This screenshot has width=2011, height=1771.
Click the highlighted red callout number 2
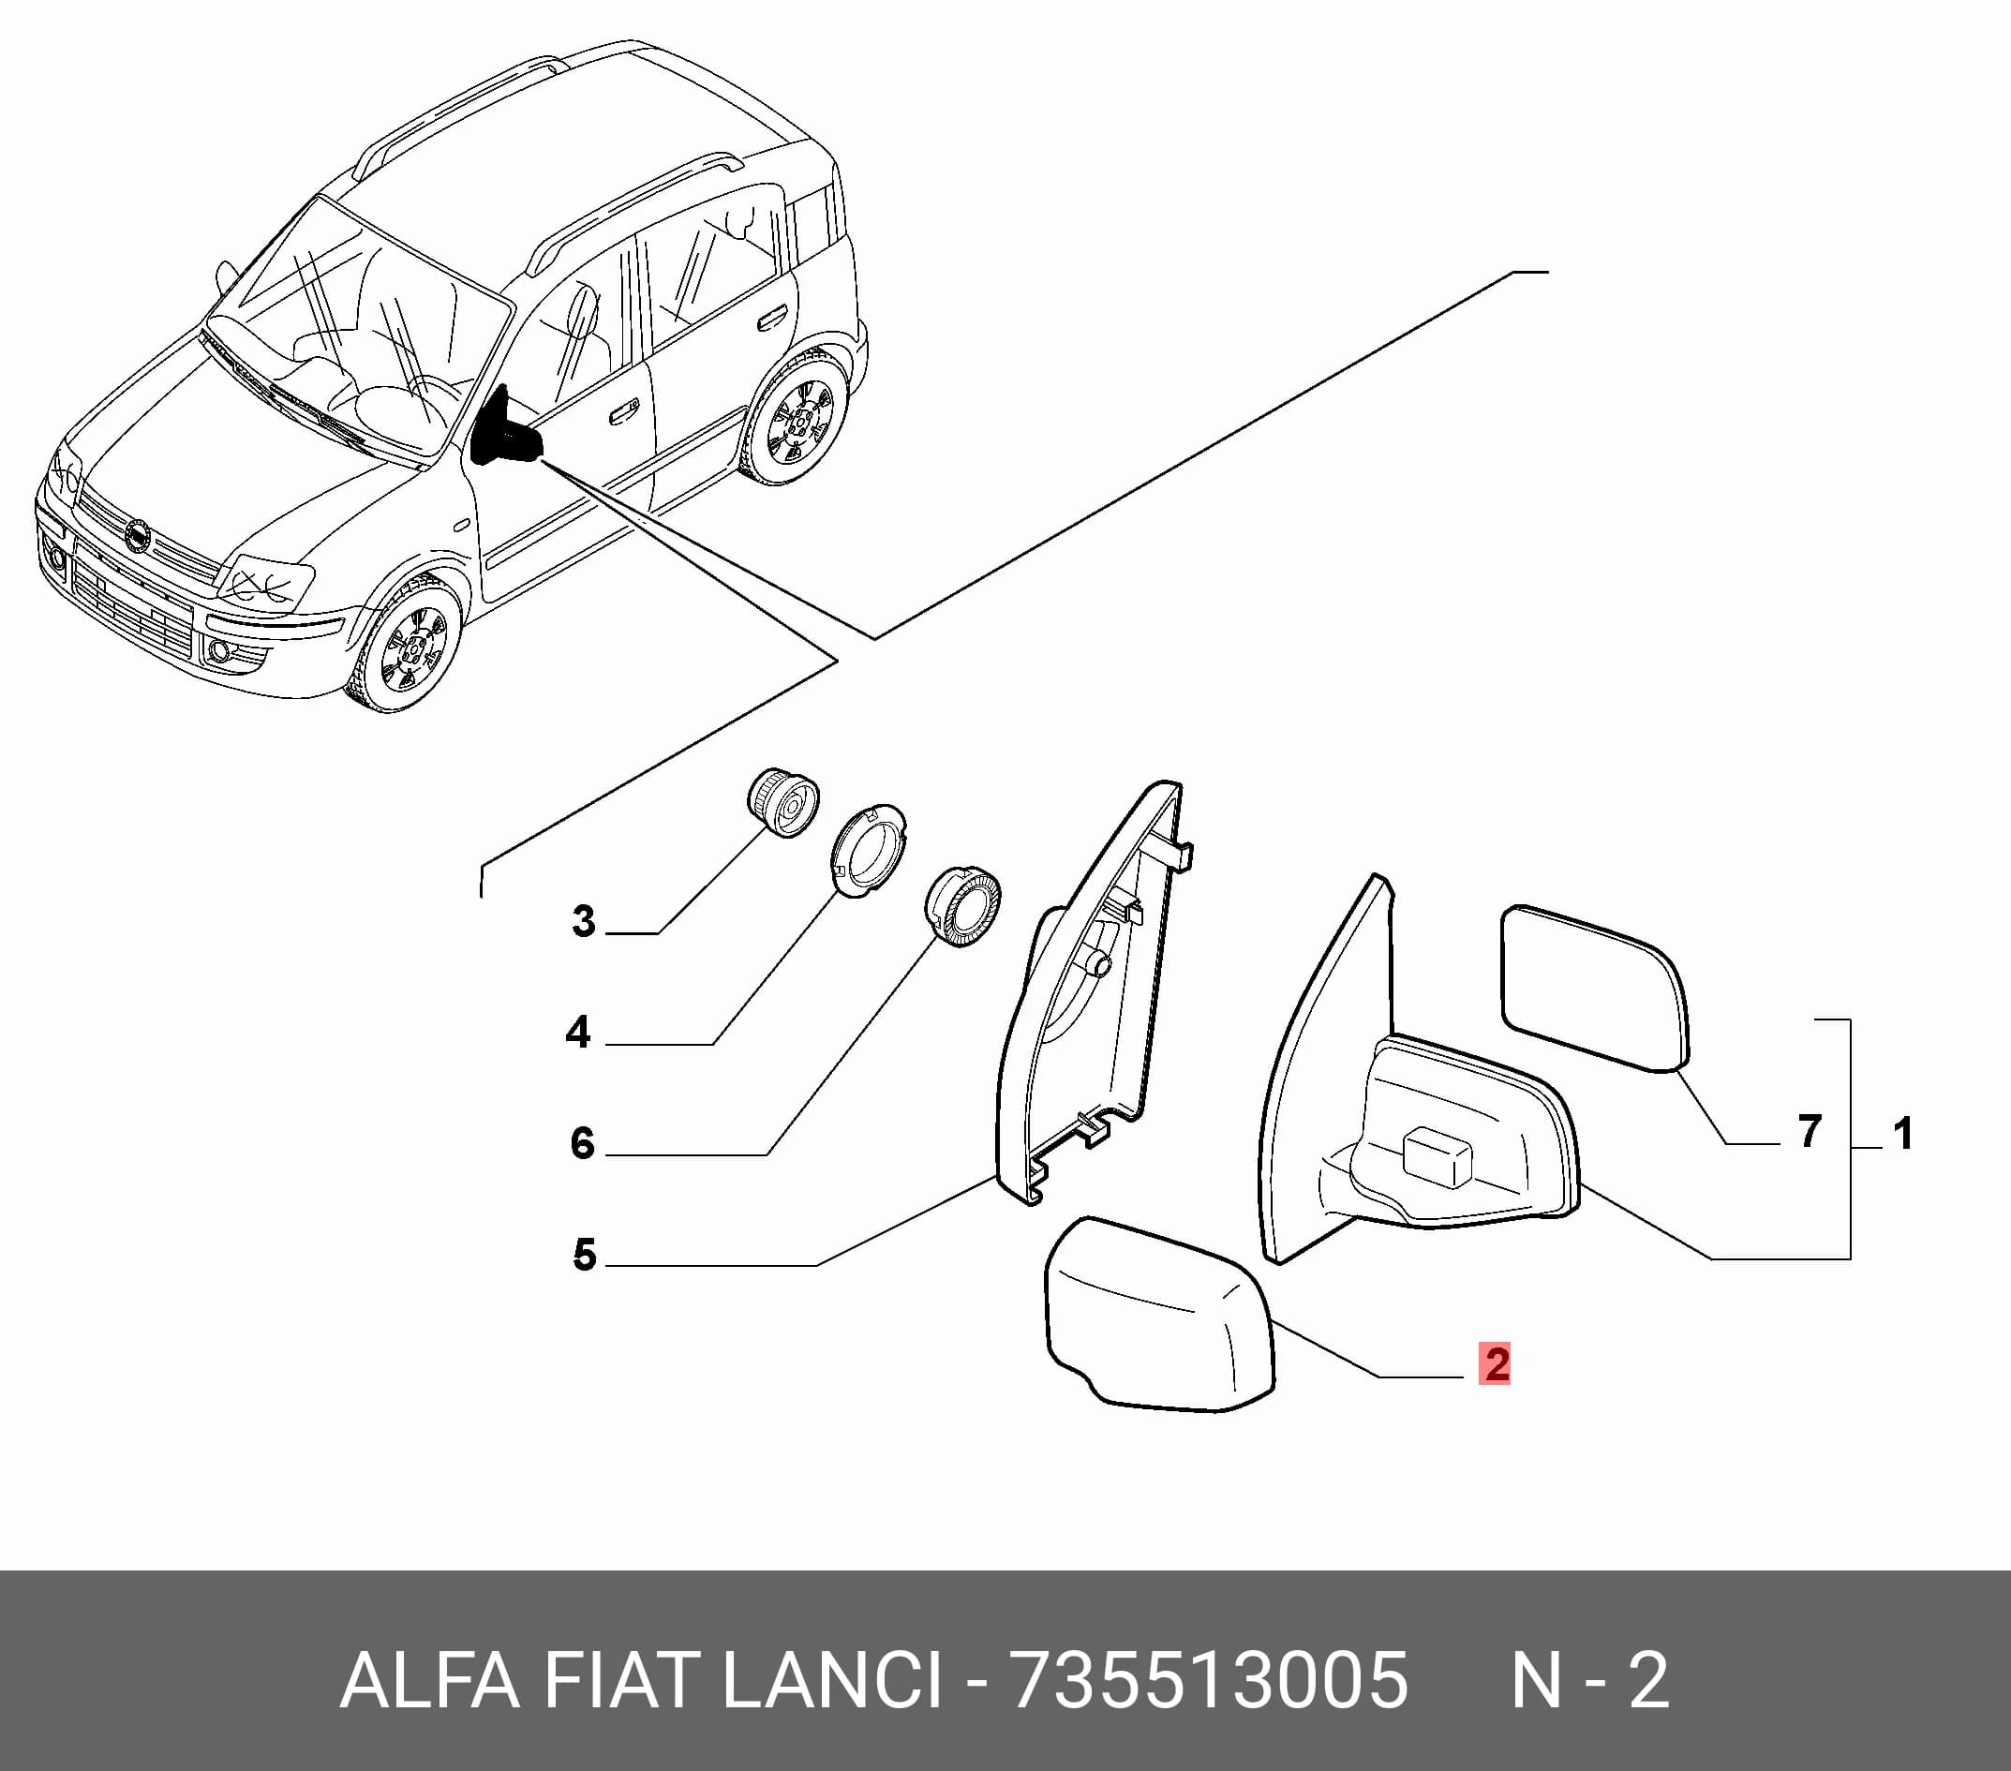1495,1363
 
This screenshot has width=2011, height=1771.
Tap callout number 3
584,921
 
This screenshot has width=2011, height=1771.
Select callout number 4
578,1032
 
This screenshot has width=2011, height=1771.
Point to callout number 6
583,1143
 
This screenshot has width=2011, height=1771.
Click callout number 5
585,1255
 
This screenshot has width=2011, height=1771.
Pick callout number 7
1810,1132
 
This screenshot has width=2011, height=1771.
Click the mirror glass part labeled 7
1594,987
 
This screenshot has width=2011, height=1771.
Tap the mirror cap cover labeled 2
1159,1315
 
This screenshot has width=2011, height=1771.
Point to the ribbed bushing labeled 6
962,907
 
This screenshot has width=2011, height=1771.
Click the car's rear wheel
796,419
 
